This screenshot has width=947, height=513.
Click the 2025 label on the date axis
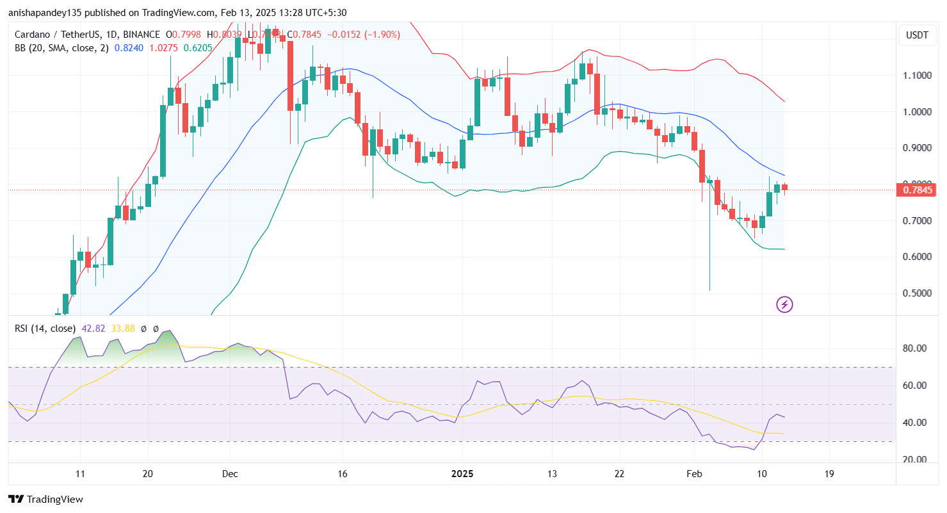(462, 475)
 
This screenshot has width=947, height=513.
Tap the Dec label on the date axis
(230, 475)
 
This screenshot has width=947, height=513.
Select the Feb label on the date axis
(694, 475)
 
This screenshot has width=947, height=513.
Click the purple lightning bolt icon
(784, 305)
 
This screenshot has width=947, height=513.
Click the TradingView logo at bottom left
(45, 499)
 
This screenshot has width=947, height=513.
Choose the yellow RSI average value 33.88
(124, 329)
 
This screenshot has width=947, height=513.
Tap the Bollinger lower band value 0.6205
(195, 47)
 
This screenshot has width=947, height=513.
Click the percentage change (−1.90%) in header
(382, 35)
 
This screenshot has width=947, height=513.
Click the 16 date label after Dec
(343, 475)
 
